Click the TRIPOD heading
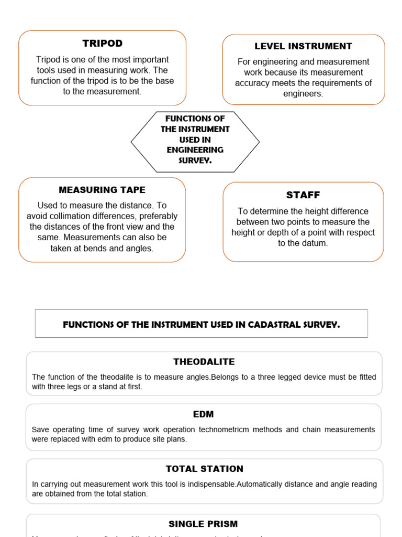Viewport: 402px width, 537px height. point(102,43)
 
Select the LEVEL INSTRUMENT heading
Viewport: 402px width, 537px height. point(303,46)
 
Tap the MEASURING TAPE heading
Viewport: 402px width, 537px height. point(102,190)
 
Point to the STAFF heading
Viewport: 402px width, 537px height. point(303,195)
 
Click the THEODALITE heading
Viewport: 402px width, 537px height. point(204,362)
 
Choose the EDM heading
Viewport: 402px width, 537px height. point(204,414)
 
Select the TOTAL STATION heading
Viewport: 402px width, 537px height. point(204,469)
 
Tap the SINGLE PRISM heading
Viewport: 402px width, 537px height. point(203,524)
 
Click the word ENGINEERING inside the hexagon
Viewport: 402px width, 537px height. point(195,150)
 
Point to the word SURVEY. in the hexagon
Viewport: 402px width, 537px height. point(195,160)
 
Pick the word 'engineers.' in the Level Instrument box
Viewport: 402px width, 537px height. point(303,94)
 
